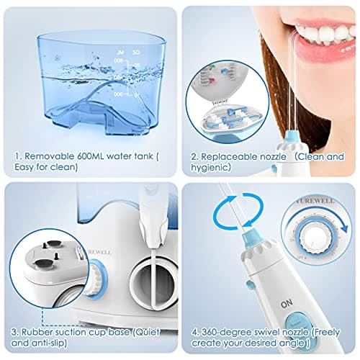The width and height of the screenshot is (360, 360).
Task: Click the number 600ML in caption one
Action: (89, 153)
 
